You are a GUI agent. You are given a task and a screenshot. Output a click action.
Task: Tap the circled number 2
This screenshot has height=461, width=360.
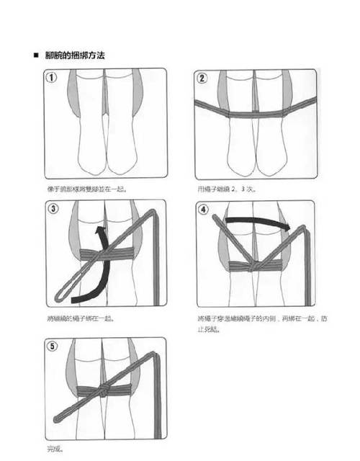point(203,78)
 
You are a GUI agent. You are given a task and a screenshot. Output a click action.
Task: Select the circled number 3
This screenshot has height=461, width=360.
point(53,210)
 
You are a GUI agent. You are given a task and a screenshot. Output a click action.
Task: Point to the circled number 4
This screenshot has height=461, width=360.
point(203,210)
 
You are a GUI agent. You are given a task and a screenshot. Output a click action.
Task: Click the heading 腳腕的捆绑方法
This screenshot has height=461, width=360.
point(76,55)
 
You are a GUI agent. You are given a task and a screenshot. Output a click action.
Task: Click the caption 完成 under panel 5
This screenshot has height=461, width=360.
point(54,449)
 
